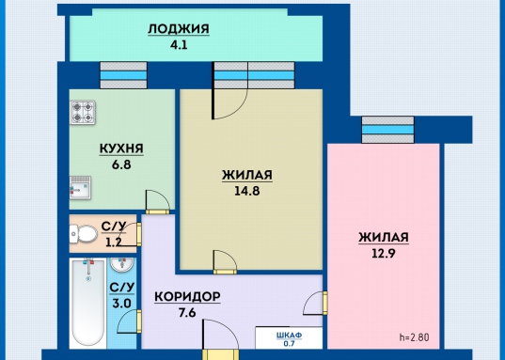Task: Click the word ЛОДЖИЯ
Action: point(178,28)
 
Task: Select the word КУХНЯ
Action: point(121,149)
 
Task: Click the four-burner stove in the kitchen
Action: point(82,114)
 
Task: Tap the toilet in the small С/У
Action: point(83,233)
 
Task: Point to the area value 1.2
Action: point(114,241)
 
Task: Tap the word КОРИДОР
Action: point(187,297)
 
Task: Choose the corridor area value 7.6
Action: point(187,313)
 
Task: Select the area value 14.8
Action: point(247,190)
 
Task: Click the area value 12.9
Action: point(383,252)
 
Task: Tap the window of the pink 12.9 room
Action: point(387,131)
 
